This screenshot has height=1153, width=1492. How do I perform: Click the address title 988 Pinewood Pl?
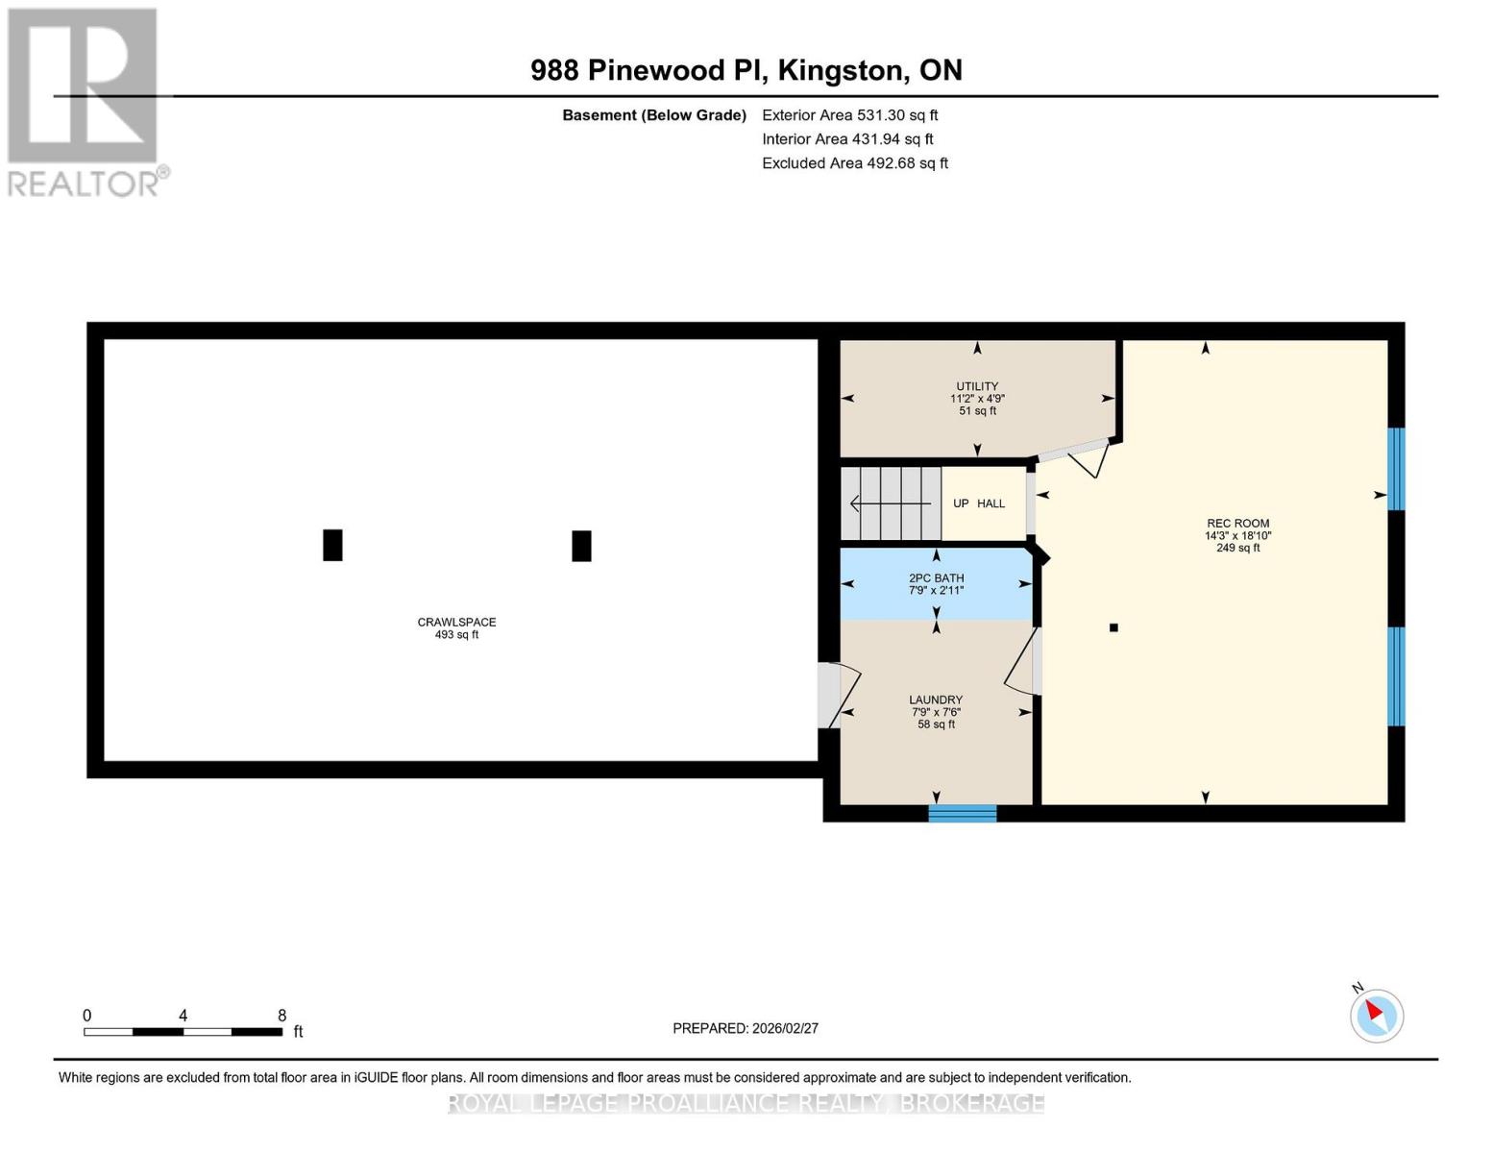point(746,70)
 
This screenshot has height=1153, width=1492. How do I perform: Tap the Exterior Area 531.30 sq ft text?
point(849,115)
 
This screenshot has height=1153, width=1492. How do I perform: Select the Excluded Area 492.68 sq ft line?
point(854,163)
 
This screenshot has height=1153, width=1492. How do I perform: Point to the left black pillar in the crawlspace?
point(332,545)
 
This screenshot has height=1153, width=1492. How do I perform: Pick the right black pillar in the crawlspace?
point(581,546)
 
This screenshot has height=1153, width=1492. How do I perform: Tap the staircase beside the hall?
point(891,503)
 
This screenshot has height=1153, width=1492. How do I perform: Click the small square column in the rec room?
point(1113,627)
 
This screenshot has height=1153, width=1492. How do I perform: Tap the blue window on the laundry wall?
point(962,814)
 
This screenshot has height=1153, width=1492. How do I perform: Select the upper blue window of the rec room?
point(1396,469)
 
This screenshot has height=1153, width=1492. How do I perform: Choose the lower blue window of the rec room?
point(1396,676)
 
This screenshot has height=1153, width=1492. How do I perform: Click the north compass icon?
point(1376,1015)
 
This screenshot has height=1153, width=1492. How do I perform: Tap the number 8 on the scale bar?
point(281,1016)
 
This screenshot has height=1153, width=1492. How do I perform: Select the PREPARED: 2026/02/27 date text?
point(745,1028)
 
